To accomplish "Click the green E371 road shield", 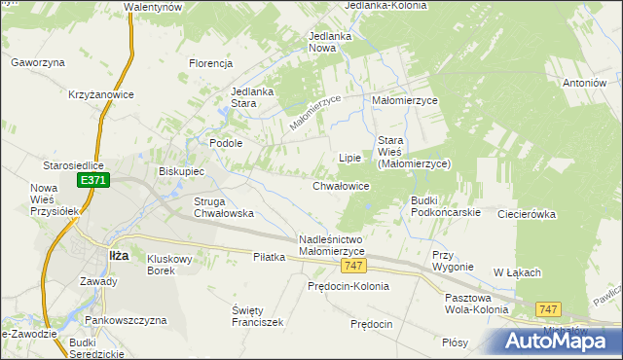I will [94, 180].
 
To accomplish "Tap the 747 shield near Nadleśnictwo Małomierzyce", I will [354, 267].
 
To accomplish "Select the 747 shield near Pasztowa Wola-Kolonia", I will [549, 309].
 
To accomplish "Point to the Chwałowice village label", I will [341, 185].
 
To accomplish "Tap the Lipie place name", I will [349, 157].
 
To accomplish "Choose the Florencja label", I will [210, 64].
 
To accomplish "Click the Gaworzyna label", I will [38, 62].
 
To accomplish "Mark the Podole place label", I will [226, 142].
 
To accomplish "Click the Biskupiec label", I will [181, 171].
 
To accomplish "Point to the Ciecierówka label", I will [526, 213].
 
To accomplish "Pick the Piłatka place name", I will [268, 257].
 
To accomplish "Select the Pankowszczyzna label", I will [126, 319].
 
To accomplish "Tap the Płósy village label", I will [455, 342].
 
